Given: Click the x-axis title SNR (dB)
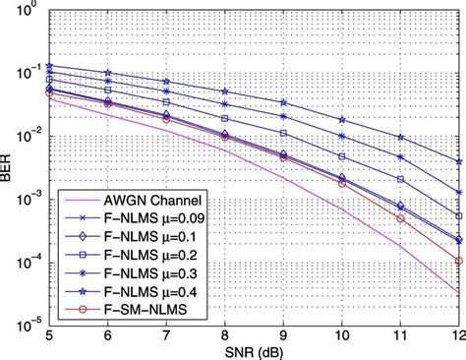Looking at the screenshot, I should [x=255, y=350].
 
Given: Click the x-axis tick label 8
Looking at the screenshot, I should [x=227, y=333].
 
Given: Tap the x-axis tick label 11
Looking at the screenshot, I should [x=400, y=333].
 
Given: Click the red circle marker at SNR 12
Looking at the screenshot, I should [x=458, y=261].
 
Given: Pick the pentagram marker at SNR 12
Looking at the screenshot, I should [x=458, y=161].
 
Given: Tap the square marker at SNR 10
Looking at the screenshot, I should [x=342, y=156].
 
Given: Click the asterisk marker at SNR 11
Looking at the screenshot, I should [x=400, y=155].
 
